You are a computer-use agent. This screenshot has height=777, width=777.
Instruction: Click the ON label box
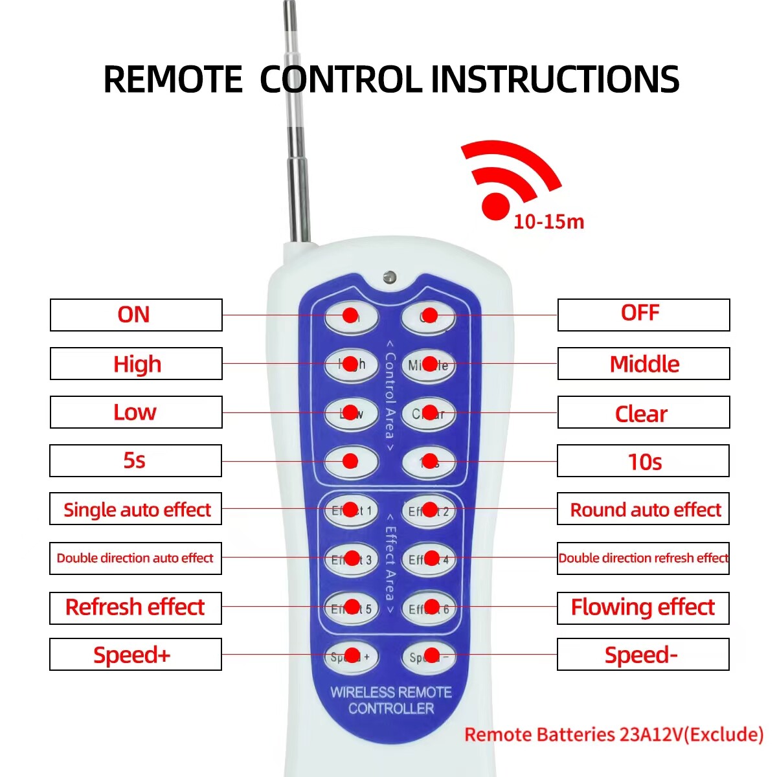(136, 315)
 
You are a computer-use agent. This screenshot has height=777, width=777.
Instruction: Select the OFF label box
(643, 315)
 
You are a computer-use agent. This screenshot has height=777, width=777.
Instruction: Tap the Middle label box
(643, 364)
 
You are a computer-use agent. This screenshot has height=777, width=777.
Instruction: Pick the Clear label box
(643, 412)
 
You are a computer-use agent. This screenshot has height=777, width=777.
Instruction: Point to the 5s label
(135, 460)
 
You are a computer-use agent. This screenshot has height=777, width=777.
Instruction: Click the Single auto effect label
(136, 510)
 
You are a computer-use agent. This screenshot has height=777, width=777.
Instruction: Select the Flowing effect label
(642, 607)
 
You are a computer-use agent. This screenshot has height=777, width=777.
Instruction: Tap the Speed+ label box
(135, 655)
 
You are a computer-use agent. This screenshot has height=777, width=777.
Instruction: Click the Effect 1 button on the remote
(351, 510)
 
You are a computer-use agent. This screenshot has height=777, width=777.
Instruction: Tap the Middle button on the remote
(429, 365)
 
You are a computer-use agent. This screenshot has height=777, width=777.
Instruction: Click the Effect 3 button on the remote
(351, 559)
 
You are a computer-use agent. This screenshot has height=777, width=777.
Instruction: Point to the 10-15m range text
(548, 221)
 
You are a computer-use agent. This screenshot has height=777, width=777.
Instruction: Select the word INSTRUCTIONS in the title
(555, 80)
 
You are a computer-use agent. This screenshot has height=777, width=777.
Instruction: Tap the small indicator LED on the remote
(389, 277)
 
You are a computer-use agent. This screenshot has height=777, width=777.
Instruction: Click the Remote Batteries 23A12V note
(613, 735)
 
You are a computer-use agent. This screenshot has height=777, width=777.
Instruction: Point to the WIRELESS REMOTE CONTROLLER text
(391, 701)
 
